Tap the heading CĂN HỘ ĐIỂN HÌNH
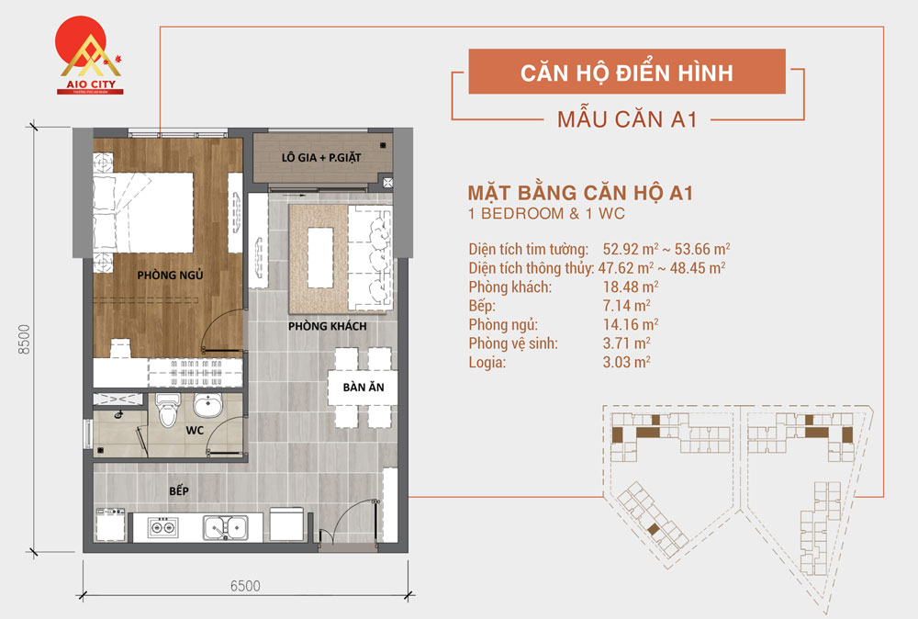pyautogui.click(x=627, y=72)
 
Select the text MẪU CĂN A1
pyautogui.click(x=628, y=120)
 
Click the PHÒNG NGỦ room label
pyautogui.click(x=170, y=275)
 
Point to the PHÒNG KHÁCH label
pyautogui.click(x=327, y=327)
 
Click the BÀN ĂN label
pyautogui.click(x=364, y=388)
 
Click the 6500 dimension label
pyautogui.click(x=244, y=585)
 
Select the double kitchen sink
pyautogui.click(x=224, y=526)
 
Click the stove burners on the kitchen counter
pyautogui.click(x=163, y=526)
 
